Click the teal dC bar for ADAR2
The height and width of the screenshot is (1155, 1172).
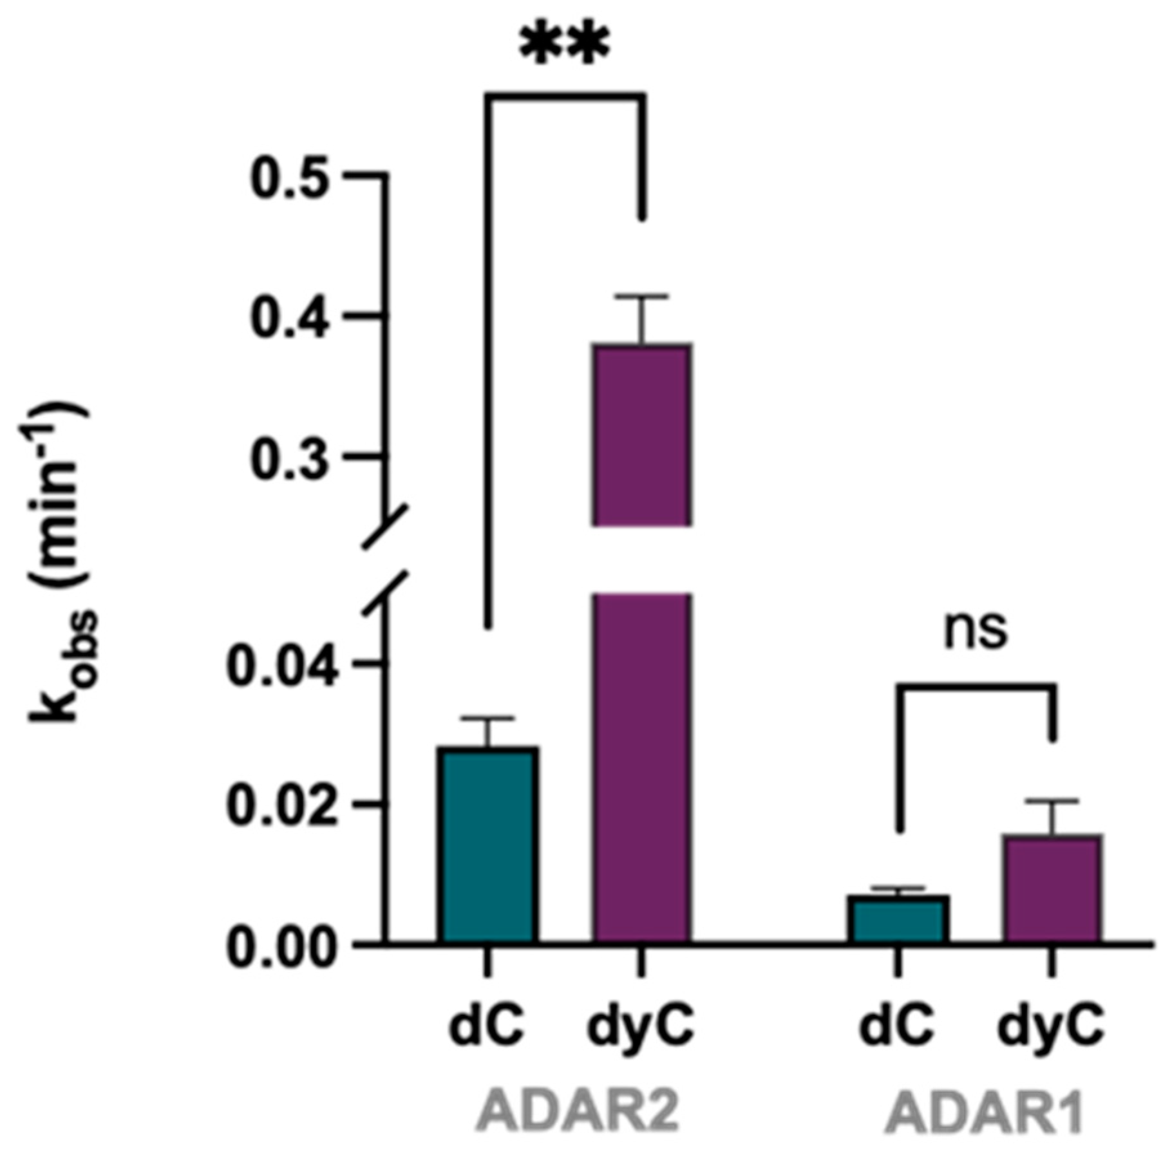tap(488, 845)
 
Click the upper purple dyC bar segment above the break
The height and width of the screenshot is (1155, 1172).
tap(643, 435)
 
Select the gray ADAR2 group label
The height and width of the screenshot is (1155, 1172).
tap(578, 1111)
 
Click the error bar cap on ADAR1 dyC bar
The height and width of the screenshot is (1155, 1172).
tap(1052, 801)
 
